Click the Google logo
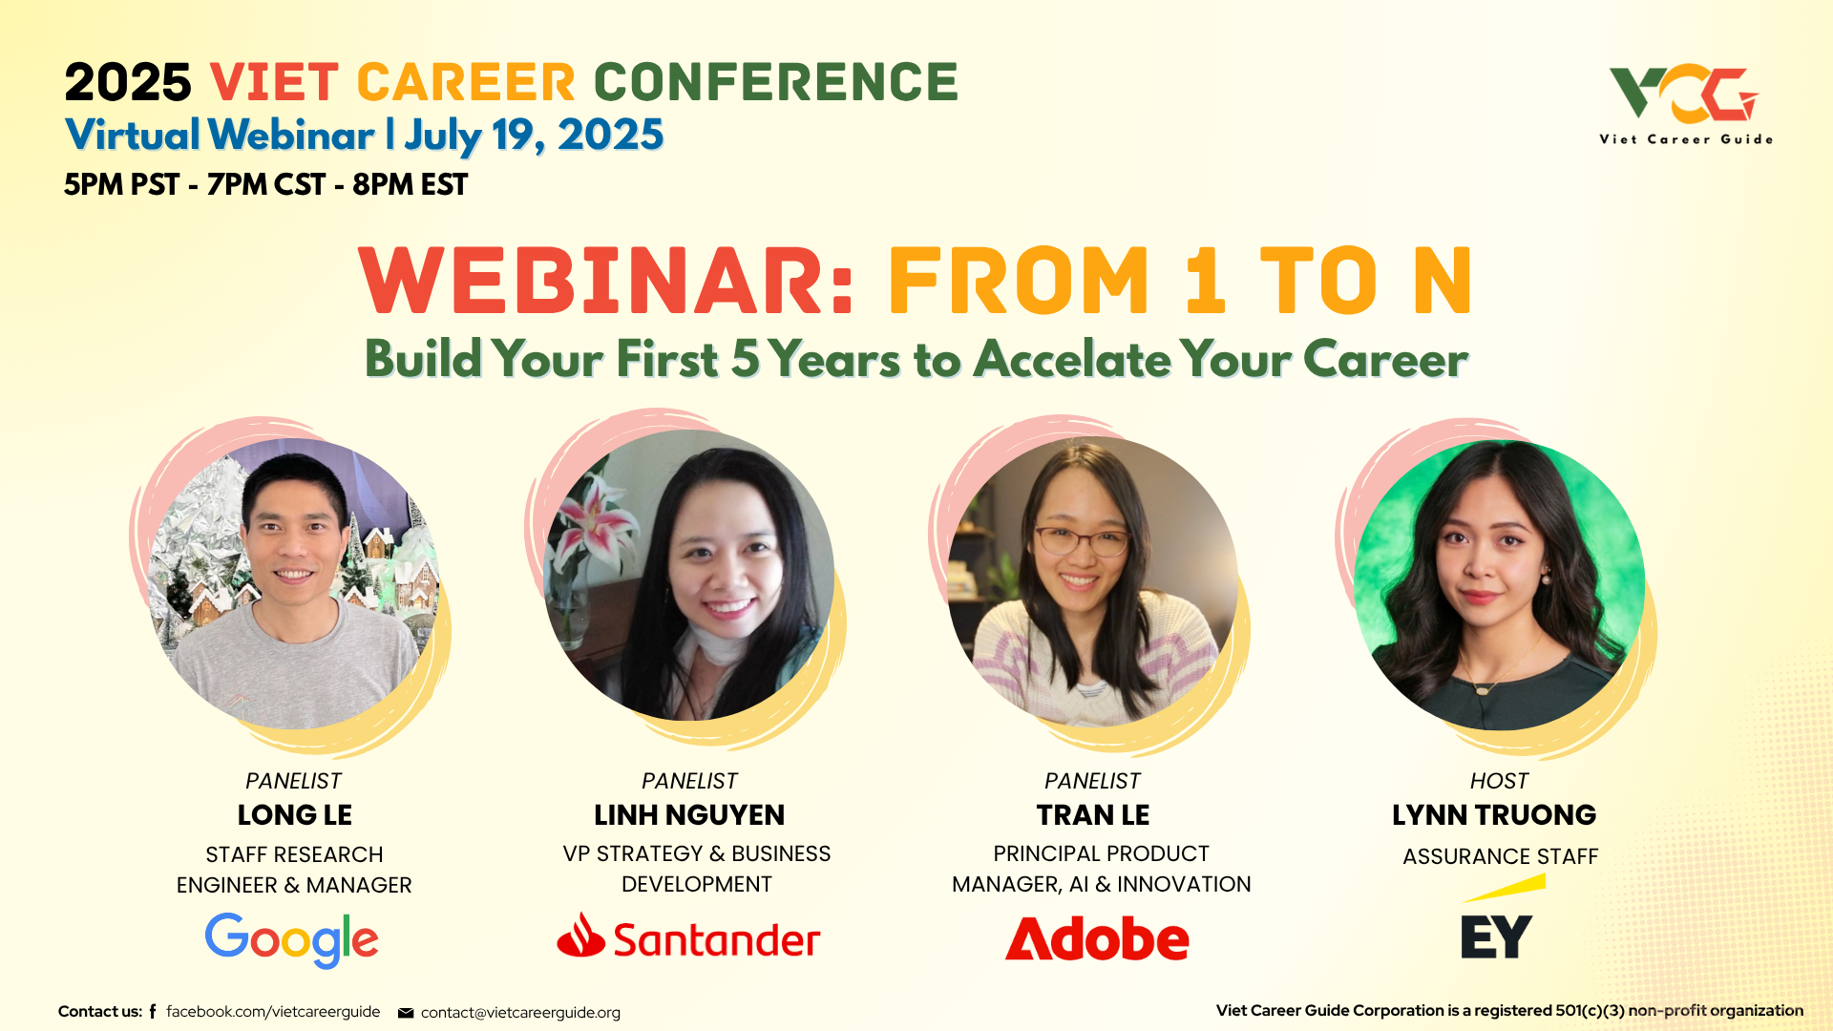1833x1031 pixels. tap(291, 940)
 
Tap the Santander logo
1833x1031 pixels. tap(688, 936)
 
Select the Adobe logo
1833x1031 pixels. tap(1097, 938)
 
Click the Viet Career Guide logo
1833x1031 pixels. tap(1686, 104)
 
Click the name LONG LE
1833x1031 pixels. tap(294, 815)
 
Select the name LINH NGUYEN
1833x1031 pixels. tap(689, 815)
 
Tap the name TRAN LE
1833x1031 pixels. tap(1093, 815)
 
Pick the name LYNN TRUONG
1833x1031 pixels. tap(1494, 815)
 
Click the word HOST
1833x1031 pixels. tap(1499, 781)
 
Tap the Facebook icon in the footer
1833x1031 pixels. tap(153, 1011)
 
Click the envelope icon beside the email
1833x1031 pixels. tap(406, 1013)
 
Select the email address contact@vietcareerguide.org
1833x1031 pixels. tap(520, 1013)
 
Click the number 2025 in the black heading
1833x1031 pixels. tap(128, 82)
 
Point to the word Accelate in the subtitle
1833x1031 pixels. tap(1072, 360)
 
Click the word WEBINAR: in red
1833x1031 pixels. tap(607, 281)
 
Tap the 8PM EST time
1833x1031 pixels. tap(410, 184)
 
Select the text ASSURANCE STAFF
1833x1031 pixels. tap(1500, 857)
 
